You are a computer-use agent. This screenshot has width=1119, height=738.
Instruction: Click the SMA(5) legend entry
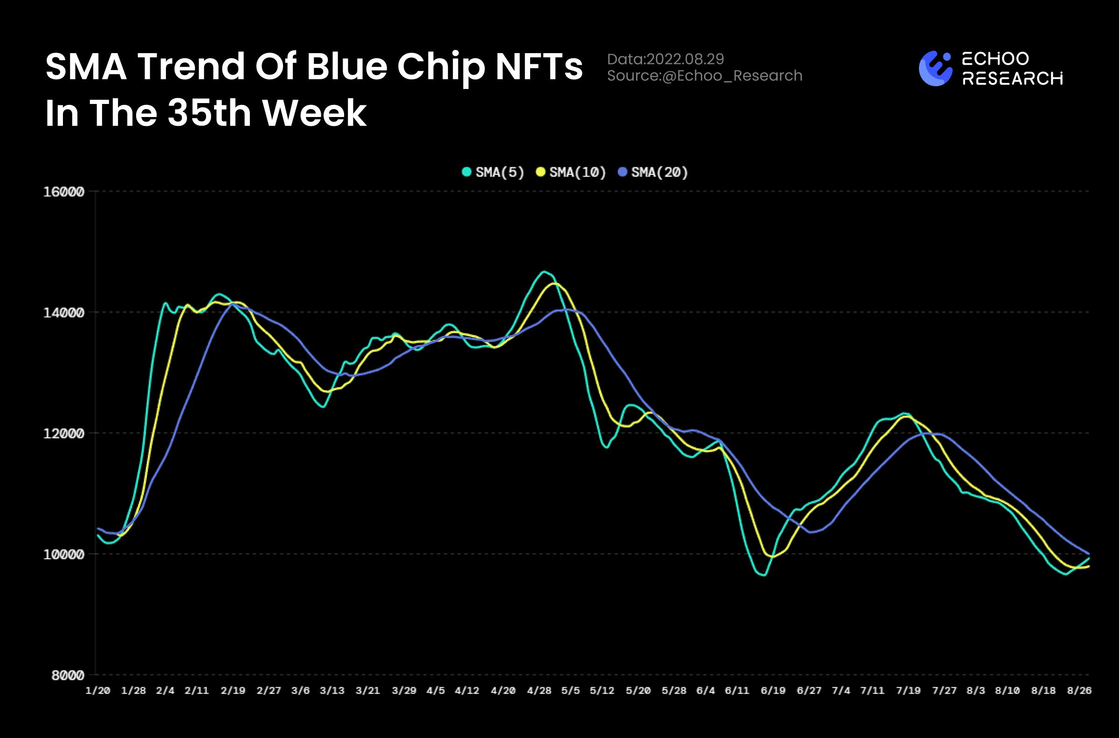493,172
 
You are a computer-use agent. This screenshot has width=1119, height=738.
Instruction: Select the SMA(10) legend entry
571,172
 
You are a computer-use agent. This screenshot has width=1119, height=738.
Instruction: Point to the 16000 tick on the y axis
63,192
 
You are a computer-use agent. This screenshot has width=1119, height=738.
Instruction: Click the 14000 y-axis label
63,313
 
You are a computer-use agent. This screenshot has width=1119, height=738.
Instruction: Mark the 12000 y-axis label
63,434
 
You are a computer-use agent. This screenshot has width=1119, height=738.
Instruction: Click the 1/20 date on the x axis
97,690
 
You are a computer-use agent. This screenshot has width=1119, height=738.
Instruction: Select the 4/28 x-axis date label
539,690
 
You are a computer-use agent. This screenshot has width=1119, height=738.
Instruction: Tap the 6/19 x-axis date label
773,690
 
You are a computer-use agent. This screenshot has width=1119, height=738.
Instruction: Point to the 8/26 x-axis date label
1079,690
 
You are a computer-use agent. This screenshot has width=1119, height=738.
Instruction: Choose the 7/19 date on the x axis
908,690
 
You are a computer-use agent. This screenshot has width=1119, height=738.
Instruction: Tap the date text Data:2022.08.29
665,59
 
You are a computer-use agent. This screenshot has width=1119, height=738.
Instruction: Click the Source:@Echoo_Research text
705,76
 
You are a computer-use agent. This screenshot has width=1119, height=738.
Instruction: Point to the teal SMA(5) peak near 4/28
544,272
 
